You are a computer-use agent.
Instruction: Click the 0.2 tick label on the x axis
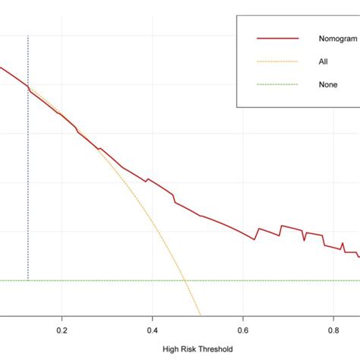click(x=61, y=330)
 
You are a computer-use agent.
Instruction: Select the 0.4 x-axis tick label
click(x=152, y=330)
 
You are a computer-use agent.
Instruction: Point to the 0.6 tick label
click(x=243, y=330)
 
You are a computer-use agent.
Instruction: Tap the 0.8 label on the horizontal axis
click(x=333, y=330)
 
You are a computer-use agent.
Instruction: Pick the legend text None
click(x=327, y=84)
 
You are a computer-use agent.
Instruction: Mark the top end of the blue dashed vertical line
click(x=28, y=35)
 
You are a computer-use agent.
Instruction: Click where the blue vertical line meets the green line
click(x=28, y=280)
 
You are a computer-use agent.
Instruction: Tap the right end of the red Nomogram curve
click(x=358, y=257)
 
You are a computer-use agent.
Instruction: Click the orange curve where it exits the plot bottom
click(x=201, y=314)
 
